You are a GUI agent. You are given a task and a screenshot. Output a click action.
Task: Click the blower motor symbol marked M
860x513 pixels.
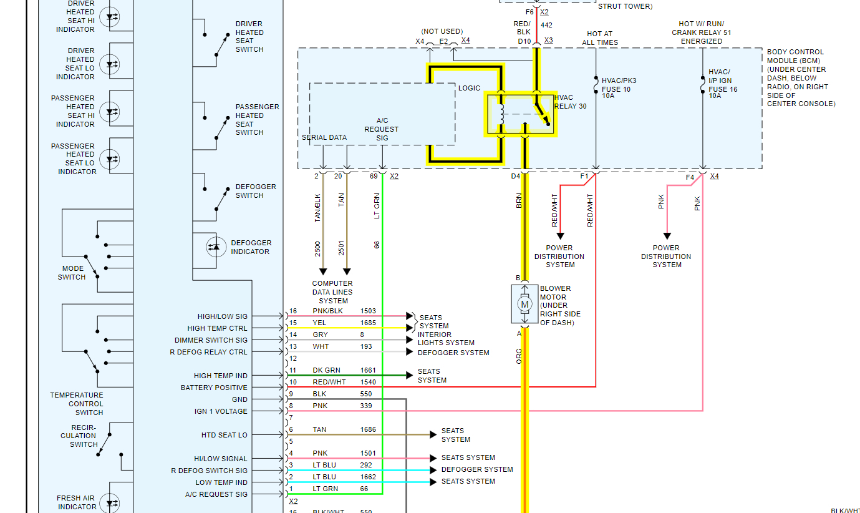click(x=524, y=304)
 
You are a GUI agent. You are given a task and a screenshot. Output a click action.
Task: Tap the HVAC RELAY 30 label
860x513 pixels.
click(x=570, y=102)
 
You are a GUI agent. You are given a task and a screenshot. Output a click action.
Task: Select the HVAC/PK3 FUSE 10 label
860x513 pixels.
click(x=619, y=88)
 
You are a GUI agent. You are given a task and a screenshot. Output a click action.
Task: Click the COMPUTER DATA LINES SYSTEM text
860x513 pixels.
click(x=332, y=292)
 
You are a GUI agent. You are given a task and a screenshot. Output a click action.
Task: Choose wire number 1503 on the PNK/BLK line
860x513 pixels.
click(x=368, y=311)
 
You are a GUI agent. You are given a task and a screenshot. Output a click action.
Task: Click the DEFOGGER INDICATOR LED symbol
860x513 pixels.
click(x=216, y=247)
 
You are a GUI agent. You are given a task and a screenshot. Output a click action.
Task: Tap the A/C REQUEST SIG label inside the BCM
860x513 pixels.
click(x=382, y=129)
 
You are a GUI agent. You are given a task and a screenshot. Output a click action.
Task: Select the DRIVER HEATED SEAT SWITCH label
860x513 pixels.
click(x=249, y=37)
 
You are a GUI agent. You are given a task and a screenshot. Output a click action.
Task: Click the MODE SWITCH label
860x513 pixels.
click(x=72, y=273)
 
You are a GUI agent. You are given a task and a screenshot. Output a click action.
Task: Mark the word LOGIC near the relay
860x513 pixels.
click(x=470, y=89)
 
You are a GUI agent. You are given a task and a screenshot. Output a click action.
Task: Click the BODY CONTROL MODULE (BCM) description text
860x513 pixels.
click(x=801, y=78)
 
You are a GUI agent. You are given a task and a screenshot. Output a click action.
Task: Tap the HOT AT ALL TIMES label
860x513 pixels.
click(x=600, y=38)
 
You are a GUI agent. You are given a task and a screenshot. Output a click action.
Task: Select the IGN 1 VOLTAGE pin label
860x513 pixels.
click(x=221, y=411)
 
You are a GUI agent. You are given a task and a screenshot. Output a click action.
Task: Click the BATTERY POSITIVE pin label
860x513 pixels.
click(x=214, y=388)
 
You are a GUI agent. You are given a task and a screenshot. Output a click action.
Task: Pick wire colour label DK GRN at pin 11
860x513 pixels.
click(x=326, y=370)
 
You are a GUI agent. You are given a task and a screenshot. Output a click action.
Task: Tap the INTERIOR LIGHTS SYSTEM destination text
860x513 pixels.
click(x=446, y=338)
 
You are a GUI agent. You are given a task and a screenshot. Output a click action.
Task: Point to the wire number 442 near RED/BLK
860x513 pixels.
click(x=546, y=25)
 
